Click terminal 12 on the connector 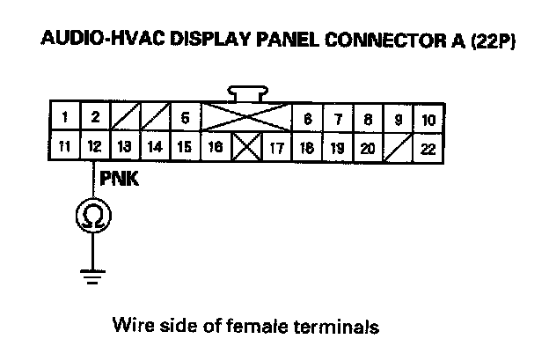coord(94,148)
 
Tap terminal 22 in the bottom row coord(428,149)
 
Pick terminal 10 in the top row coord(428,118)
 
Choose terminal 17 coord(275,148)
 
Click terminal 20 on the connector coord(368,148)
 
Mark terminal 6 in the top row coord(306,118)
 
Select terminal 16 coord(215,148)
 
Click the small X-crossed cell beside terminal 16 coord(245,149)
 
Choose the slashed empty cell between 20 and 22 coord(398,149)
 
